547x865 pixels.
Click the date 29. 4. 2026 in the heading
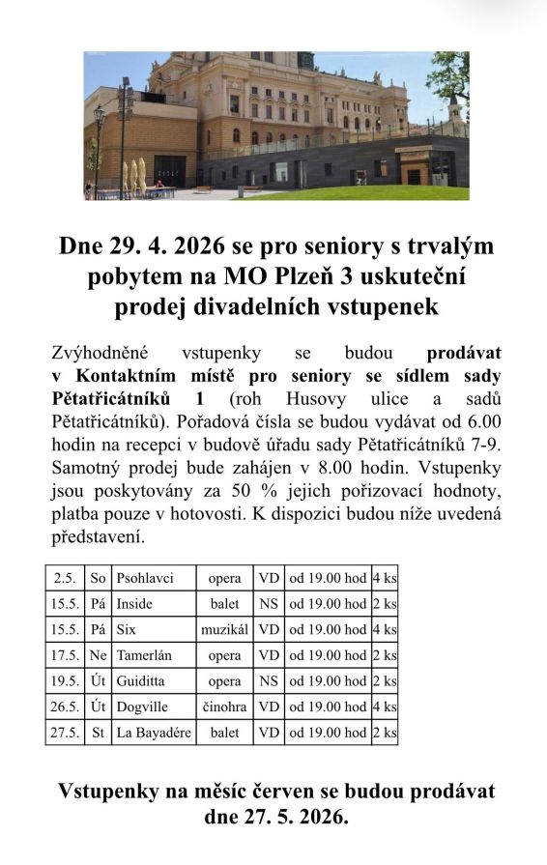click(173, 246)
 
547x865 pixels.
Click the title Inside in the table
click(134, 604)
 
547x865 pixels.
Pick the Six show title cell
click(127, 630)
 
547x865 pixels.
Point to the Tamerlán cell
click(145, 655)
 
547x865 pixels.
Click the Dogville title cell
click(142, 706)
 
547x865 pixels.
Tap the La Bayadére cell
click(154, 733)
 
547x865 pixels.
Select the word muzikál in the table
click(225, 630)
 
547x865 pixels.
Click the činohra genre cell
click(225, 706)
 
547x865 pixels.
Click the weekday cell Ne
click(98, 655)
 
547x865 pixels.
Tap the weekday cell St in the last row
click(98, 733)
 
